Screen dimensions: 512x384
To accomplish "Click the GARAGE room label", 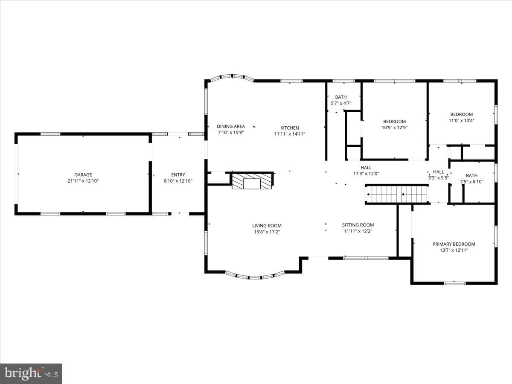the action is pos(83,175).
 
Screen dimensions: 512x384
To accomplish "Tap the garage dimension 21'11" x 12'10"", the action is pos(83,181).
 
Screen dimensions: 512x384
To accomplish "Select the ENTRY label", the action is pos(178,175).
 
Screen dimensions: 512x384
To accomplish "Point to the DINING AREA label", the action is pos(231,126).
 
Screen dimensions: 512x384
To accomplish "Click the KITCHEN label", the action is pos(289,128).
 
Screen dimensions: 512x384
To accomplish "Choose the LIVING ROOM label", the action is pos(267,225).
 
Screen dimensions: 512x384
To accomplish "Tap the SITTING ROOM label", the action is pos(358,225).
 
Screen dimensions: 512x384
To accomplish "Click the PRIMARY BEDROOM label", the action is pos(454,244).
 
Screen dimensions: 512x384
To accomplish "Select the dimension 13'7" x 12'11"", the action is pos(454,250).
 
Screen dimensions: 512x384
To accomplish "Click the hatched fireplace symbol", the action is pos(252,181).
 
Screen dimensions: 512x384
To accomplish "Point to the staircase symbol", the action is pos(396,194).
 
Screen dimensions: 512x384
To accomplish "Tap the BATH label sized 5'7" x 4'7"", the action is pos(341,97).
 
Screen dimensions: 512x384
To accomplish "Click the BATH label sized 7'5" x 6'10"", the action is pos(471,175).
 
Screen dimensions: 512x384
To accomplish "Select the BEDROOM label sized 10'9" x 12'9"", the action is pos(394,122).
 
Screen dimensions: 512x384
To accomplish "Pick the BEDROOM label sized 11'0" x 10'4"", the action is pos(461,114).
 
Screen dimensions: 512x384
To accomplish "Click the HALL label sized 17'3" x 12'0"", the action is pos(366,167).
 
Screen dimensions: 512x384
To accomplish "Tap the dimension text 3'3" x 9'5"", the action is pos(438,178).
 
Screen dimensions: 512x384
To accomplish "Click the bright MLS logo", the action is pos(31,374).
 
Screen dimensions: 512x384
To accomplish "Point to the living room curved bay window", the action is pos(255,277).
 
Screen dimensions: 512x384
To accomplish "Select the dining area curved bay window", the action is pos(232,76).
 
